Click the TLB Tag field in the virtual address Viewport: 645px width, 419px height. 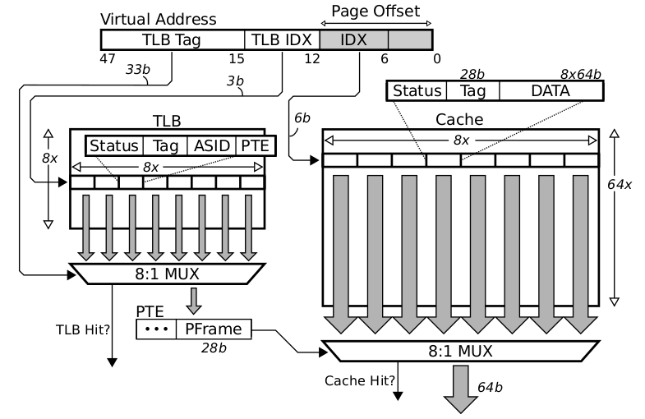point(173,39)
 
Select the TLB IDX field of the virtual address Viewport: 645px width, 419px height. point(282,39)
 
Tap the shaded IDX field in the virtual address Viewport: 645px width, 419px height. point(352,39)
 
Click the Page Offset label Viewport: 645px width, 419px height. point(375,11)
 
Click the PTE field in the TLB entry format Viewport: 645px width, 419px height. point(254,145)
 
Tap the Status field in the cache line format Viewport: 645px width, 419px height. point(416,90)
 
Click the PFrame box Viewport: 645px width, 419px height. point(212,329)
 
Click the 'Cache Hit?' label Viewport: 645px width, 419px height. point(358,380)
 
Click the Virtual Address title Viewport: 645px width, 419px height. point(158,18)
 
